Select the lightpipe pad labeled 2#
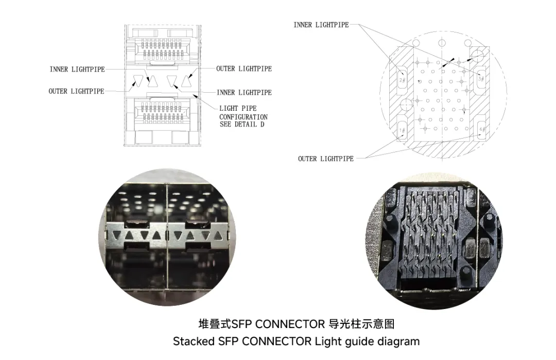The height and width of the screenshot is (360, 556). pos(403,80)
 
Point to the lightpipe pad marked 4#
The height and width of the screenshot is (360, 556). pos(481,129)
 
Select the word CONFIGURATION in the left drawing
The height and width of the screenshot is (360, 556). pos(244,116)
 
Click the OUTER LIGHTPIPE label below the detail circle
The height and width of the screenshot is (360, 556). pos(325,159)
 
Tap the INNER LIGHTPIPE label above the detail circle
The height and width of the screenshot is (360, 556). pos(321,25)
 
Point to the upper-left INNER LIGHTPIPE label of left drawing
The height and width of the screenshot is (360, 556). pos(77,69)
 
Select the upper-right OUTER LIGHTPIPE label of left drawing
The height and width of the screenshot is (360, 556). pos(244,68)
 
